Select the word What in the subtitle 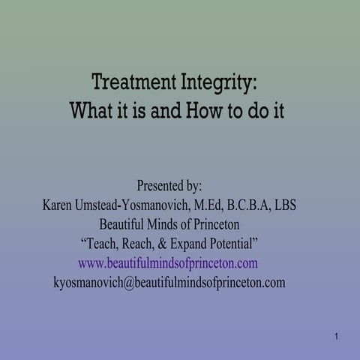click(91, 111)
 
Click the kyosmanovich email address click(169, 283)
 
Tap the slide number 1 click(337, 337)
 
